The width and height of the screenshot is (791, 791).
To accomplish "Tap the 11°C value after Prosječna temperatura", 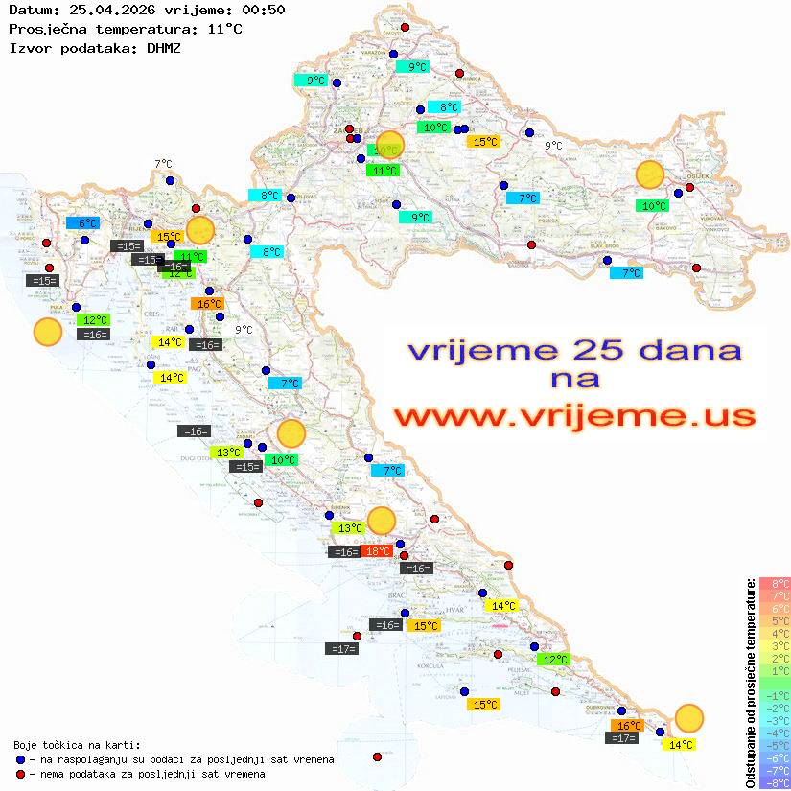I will coord(224,29).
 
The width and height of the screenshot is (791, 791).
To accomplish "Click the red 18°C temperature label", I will coord(377,551).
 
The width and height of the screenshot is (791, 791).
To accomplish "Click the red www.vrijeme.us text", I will coord(573,416).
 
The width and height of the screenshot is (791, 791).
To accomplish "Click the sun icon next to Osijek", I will coord(650,175).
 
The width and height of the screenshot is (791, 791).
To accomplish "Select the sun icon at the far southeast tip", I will coord(688,717).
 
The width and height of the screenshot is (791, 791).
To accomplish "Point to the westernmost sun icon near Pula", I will coord(47,332).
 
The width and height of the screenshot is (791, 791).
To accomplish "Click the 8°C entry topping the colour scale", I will coord(774,583).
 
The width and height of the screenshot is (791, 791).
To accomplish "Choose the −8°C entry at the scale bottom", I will coord(774,782).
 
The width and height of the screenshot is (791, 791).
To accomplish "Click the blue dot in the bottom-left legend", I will coord(21,759).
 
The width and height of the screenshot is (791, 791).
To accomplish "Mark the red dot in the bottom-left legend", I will coord(21,774).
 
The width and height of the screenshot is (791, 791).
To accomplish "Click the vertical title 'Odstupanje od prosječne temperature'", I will coord(749,683).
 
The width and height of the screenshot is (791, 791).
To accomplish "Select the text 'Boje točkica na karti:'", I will coord(77,744).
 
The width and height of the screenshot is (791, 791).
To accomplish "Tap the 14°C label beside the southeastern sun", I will coord(681,745).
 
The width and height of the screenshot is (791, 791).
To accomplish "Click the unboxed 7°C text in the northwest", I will coord(163,164).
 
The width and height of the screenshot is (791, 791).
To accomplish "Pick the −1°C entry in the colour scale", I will coord(774,695).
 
